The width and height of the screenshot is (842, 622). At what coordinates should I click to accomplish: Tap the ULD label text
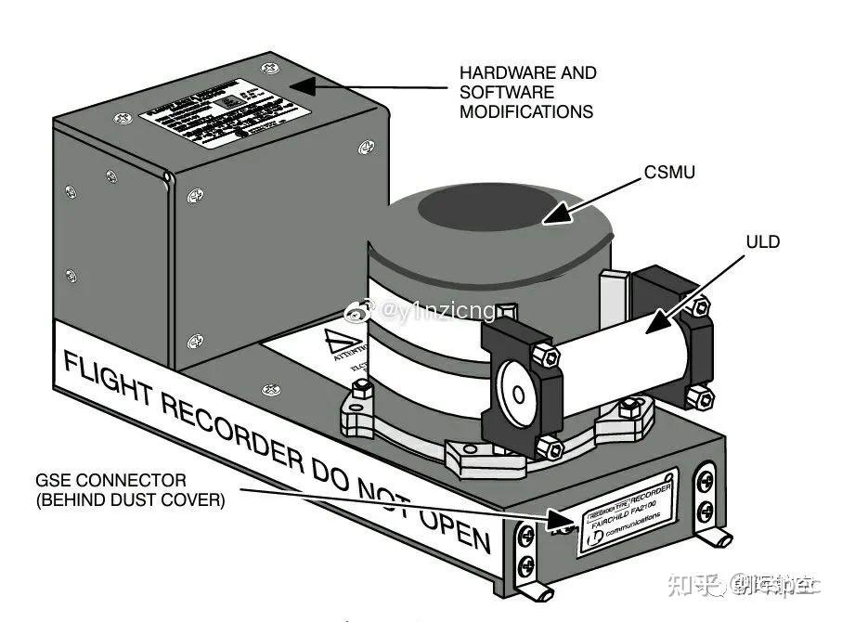pyautogui.click(x=762, y=242)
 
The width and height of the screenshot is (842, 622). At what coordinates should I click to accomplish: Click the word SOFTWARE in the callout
pyautogui.click(x=507, y=92)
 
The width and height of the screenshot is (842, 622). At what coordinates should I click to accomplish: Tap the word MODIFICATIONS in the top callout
pyautogui.click(x=526, y=111)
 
